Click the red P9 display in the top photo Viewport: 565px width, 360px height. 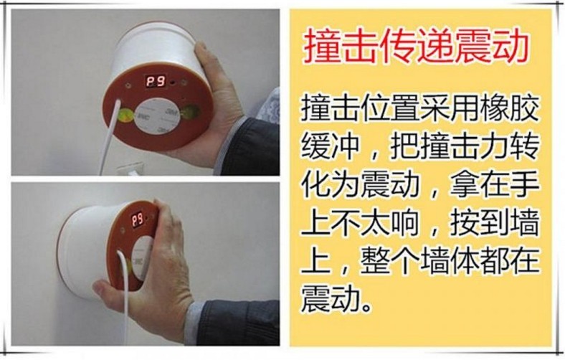pos(156,82)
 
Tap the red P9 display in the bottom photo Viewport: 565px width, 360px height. pos(137,219)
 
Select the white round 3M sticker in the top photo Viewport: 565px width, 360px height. pos(156,115)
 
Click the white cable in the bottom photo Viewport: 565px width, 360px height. pos(123,295)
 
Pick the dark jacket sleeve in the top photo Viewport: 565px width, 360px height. pos(249,147)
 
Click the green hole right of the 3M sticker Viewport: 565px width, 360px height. pos(190,113)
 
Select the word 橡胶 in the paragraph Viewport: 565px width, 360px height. pos(510,108)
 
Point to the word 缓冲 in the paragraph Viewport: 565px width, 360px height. pos(331,146)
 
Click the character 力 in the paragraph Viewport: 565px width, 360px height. pos(495,146)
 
